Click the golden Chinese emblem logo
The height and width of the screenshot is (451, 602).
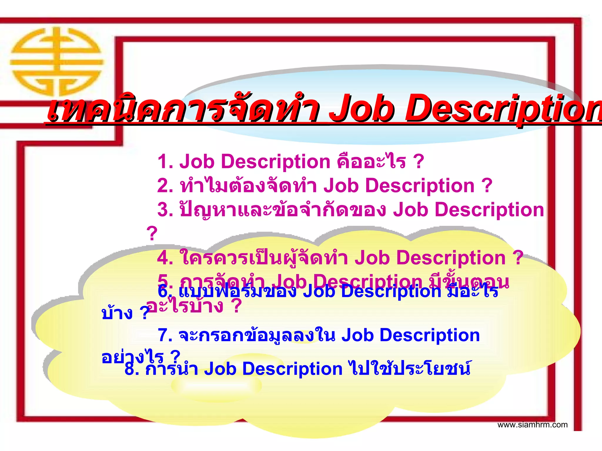point(56,62)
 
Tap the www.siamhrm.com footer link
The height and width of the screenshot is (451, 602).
point(532,425)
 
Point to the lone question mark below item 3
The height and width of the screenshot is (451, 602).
point(152,234)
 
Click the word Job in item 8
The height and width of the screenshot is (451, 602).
point(220,369)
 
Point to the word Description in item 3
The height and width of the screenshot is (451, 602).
point(489,210)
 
